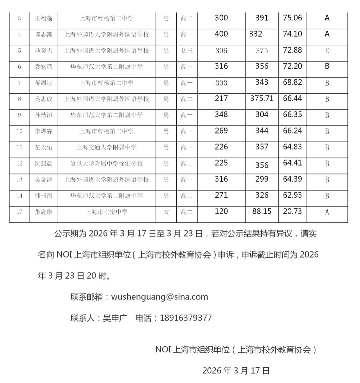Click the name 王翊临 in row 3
click(44, 18)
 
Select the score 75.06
click(292, 18)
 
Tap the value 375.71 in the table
click(262, 98)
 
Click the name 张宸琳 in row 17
click(44, 212)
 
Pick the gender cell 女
click(166, 212)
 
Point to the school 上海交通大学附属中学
click(106, 147)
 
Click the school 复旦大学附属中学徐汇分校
click(106, 163)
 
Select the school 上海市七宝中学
click(106, 212)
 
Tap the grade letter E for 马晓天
click(327, 50)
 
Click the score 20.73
click(292, 211)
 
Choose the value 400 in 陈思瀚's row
click(221, 34)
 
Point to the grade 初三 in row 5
click(187, 50)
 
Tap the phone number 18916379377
click(186, 318)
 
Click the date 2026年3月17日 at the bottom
click(236, 370)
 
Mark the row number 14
click(19, 196)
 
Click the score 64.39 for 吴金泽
click(292, 179)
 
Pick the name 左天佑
click(44, 147)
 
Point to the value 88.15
click(262, 211)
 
